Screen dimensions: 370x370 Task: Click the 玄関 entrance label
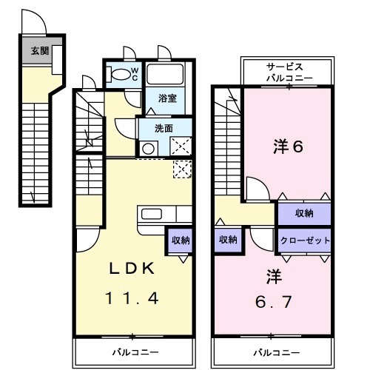click(x=36, y=51)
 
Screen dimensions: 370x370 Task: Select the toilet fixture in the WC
click(x=118, y=74)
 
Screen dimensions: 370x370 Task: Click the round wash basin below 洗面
click(x=148, y=147)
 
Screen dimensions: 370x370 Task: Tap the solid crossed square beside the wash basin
click(x=181, y=147)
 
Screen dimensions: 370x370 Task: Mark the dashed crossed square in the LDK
click(x=181, y=169)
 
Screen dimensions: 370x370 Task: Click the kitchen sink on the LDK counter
click(x=152, y=215)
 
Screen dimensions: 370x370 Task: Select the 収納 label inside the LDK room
click(x=181, y=240)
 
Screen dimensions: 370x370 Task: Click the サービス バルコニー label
click(x=289, y=72)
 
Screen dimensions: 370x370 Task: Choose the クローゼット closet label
click(x=304, y=240)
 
